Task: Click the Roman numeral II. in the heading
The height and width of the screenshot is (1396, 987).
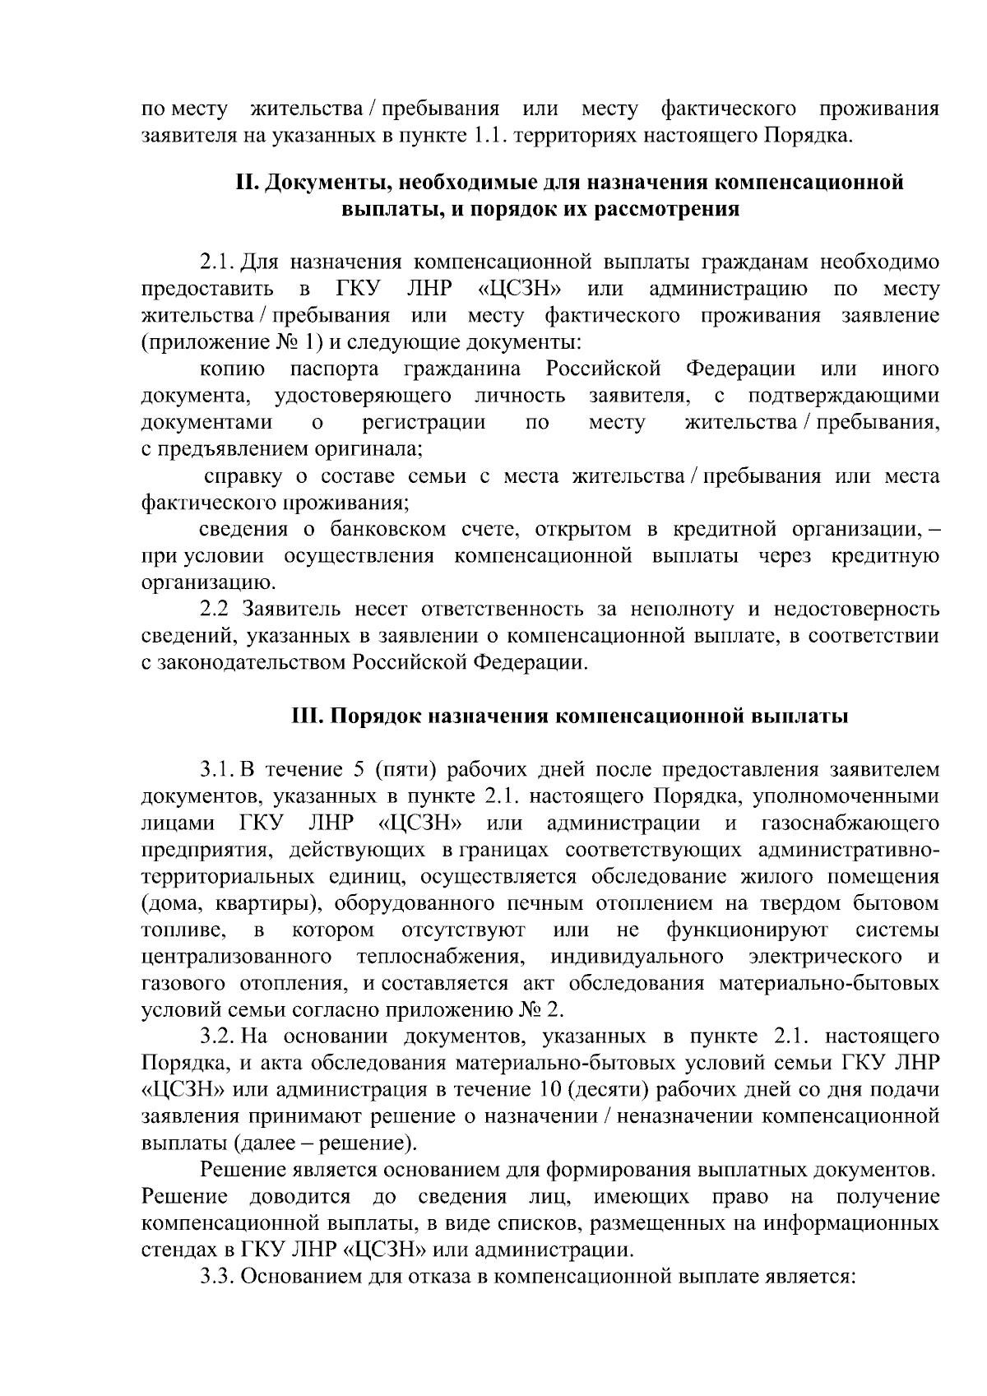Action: point(247,183)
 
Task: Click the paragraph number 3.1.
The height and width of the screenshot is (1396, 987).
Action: point(217,770)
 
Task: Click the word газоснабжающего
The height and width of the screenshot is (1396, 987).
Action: point(850,823)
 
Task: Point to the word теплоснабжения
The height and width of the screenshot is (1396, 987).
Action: point(441,957)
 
